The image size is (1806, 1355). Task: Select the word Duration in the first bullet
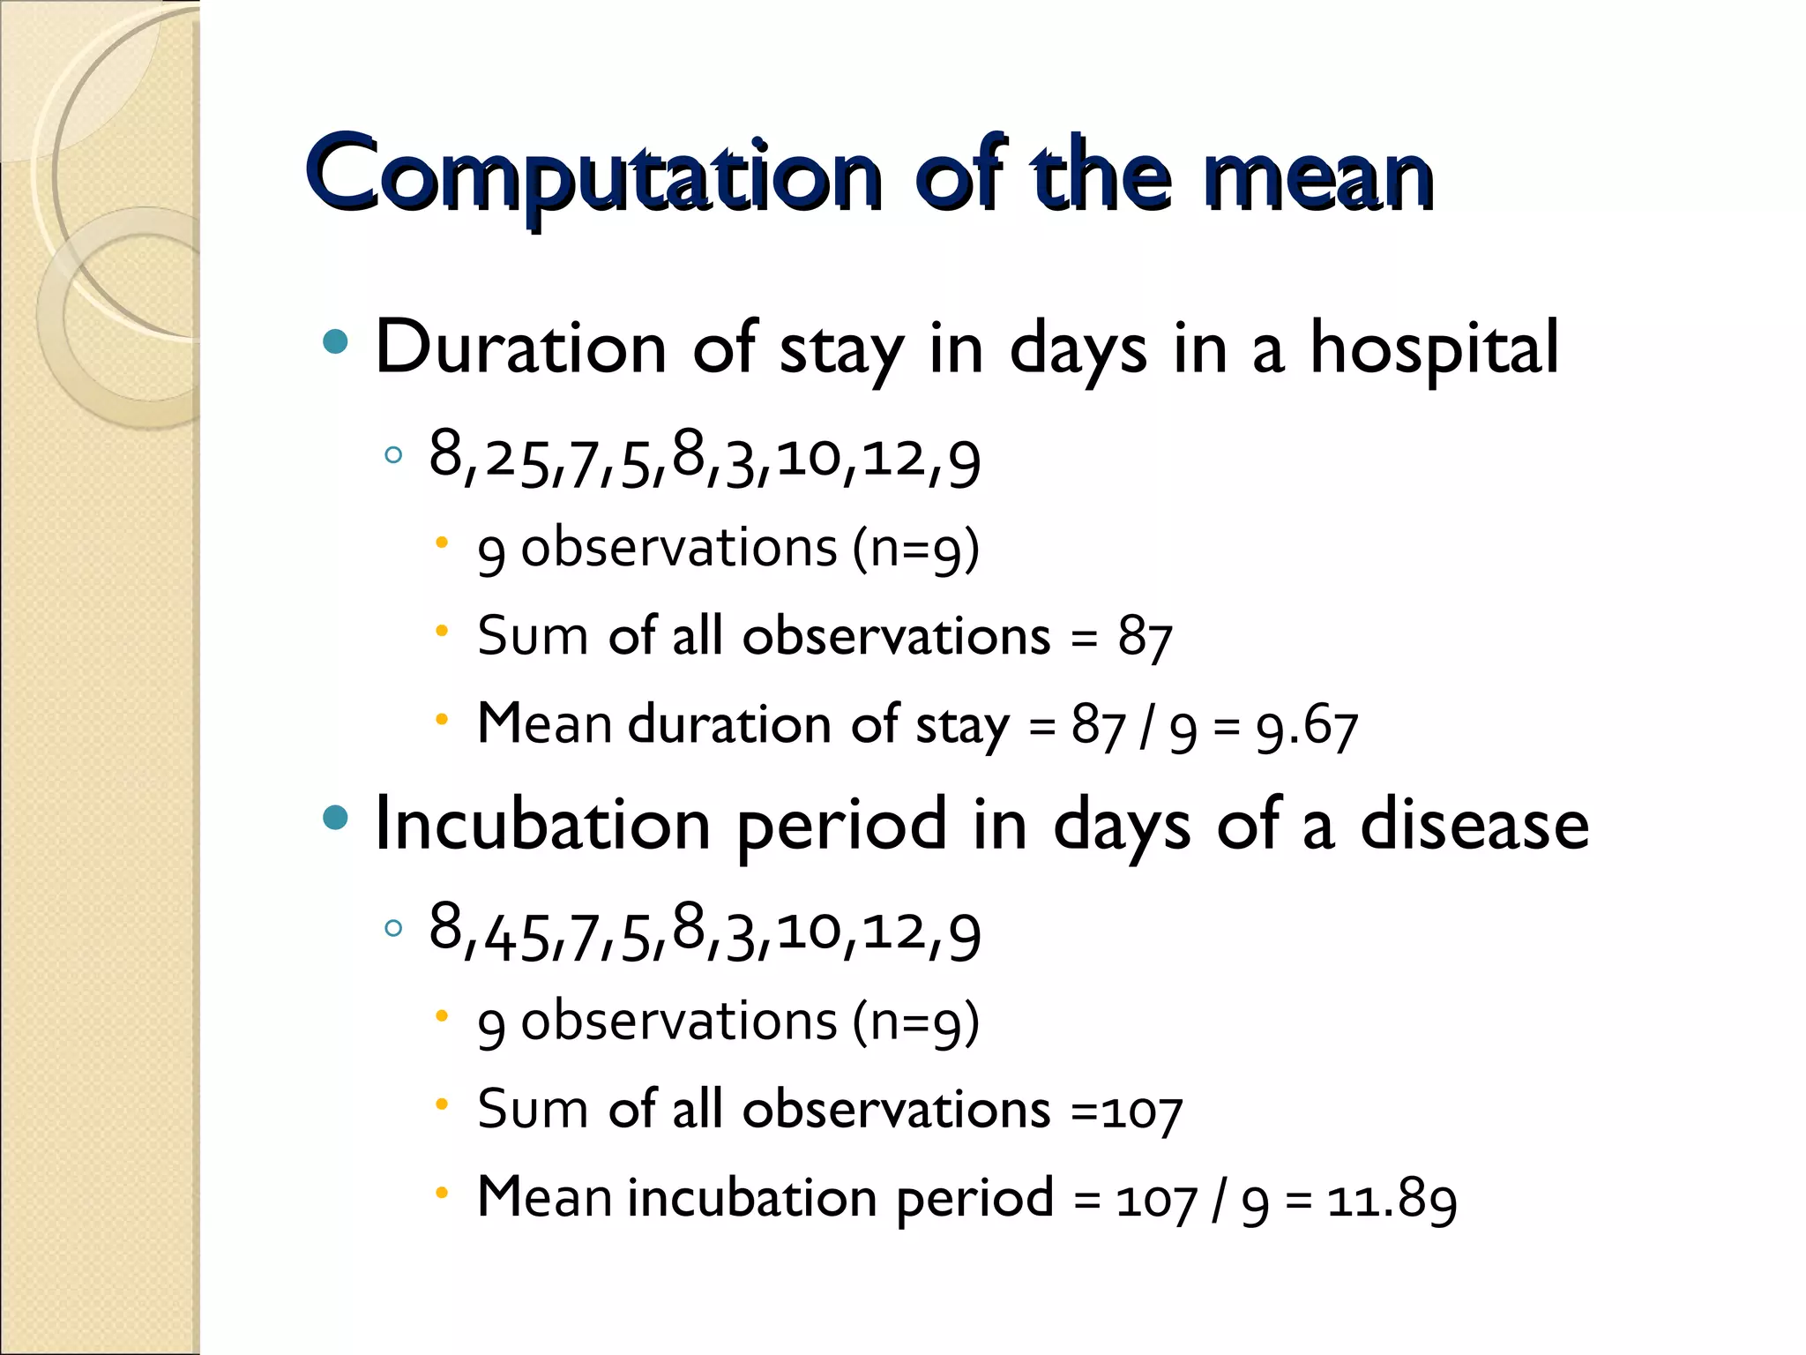520,348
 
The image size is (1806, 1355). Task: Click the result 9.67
1307,729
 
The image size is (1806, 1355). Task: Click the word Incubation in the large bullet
542,826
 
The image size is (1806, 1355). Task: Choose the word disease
1474,826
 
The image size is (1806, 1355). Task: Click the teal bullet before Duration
335,342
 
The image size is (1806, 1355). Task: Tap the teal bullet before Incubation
335,818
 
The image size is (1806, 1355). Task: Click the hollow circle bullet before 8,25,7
393,455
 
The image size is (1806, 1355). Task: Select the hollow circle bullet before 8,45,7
393,928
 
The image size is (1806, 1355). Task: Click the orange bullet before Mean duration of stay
442,720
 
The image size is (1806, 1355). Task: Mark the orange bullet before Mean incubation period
442,1194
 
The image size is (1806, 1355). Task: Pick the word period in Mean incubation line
974,1200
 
